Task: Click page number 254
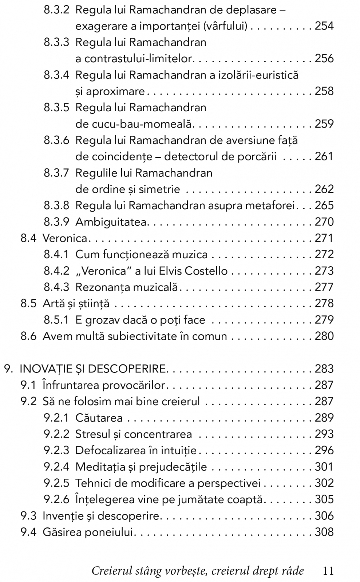coord(324,26)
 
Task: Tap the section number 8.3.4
coord(56,75)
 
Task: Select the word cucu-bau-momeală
coord(133,124)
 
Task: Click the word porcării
coord(257,156)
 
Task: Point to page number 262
coord(324,189)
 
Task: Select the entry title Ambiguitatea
coord(111,222)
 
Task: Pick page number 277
coord(324,287)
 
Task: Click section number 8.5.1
coord(56,320)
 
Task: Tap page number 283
coord(324,369)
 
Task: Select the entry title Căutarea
coord(99,418)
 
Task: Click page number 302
coord(324,483)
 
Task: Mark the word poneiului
coord(115,532)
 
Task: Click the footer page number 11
coord(328,571)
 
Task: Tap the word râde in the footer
coord(293,571)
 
